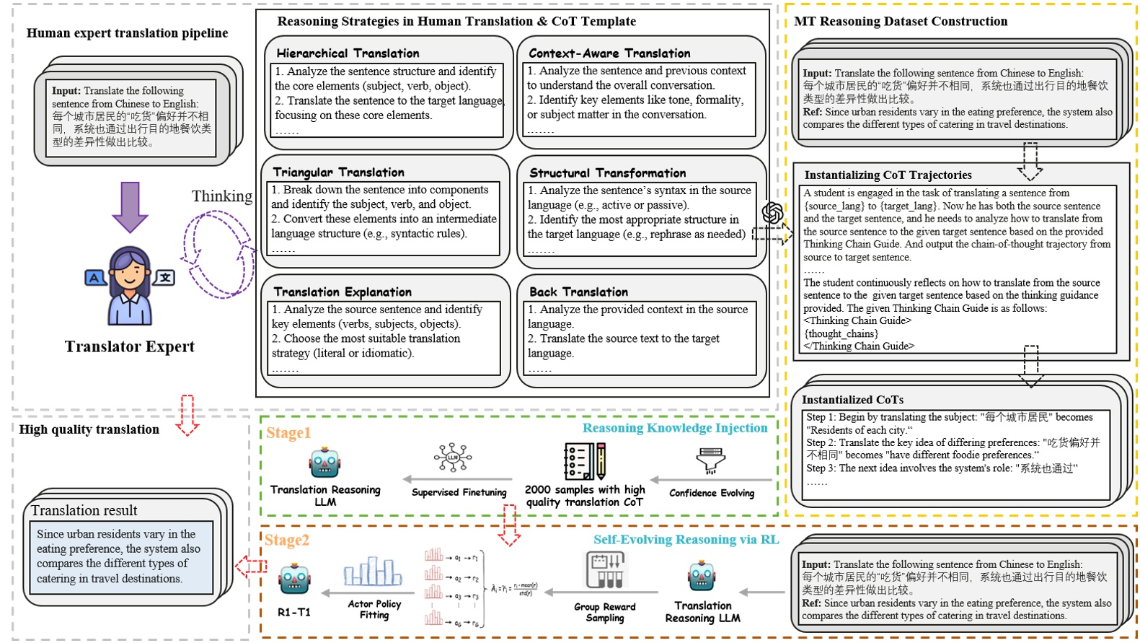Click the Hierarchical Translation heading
pyautogui.click(x=348, y=53)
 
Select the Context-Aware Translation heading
pyautogui.click(x=609, y=53)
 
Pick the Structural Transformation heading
pyautogui.click(x=607, y=173)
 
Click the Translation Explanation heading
pyautogui.click(x=343, y=292)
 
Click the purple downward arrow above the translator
pyautogui.click(x=131, y=206)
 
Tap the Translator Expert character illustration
pyautogui.click(x=130, y=285)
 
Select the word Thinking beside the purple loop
pyautogui.click(x=221, y=196)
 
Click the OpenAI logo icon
pyautogui.click(x=772, y=213)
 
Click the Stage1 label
pyautogui.click(x=288, y=433)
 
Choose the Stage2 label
pyautogui.click(x=286, y=541)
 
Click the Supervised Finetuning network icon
pyautogui.click(x=453, y=458)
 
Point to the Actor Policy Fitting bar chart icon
pyautogui.click(x=372, y=572)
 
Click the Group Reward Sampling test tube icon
pyautogui.click(x=604, y=570)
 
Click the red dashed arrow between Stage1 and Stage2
pyautogui.click(x=509, y=525)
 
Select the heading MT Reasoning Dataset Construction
pyautogui.click(x=901, y=22)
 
